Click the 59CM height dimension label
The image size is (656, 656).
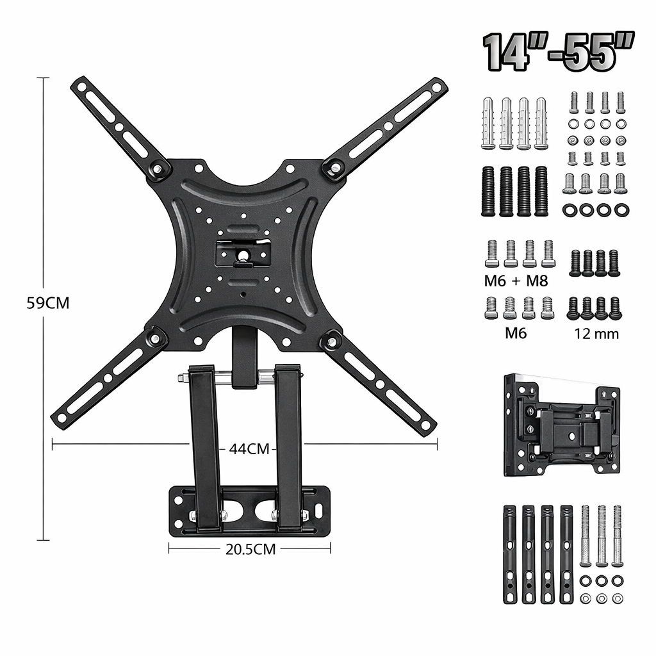(x=47, y=303)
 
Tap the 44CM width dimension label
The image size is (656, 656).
(x=249, y=449)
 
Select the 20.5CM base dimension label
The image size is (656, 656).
(x=250, y=549)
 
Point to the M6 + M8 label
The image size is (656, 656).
(x=516, y=281)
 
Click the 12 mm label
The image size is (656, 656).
(x=596, y=333)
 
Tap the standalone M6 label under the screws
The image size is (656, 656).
(x=516, y=333)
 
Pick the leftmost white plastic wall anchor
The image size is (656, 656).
(x=489, y=123)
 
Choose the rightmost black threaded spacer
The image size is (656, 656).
(x=541, y=191)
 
